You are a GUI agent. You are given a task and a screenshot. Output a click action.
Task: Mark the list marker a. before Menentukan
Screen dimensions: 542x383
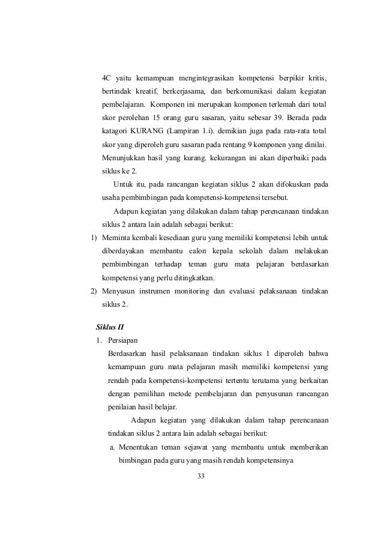pos(112,446)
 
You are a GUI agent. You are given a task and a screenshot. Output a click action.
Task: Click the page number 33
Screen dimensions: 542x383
pos(201,476)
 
